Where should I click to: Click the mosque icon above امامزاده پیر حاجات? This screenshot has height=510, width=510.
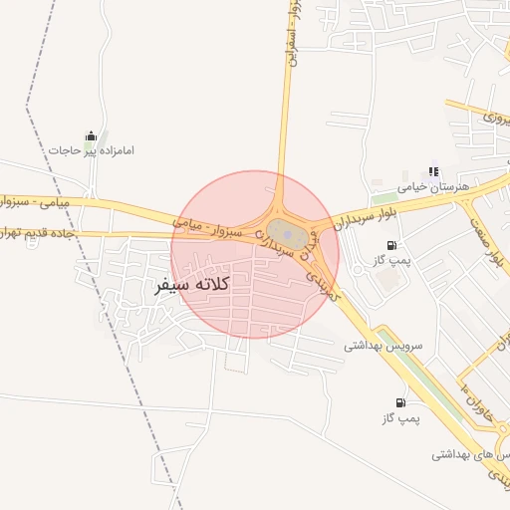point(91,136)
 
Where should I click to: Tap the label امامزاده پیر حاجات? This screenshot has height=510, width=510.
point(91,151)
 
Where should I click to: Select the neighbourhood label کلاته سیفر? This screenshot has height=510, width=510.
point(193,285)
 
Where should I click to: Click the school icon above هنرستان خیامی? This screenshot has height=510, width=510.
point(433,172)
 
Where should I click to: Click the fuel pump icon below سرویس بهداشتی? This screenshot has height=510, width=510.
point(400,402)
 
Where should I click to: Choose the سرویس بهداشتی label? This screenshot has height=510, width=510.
point(383,346)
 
